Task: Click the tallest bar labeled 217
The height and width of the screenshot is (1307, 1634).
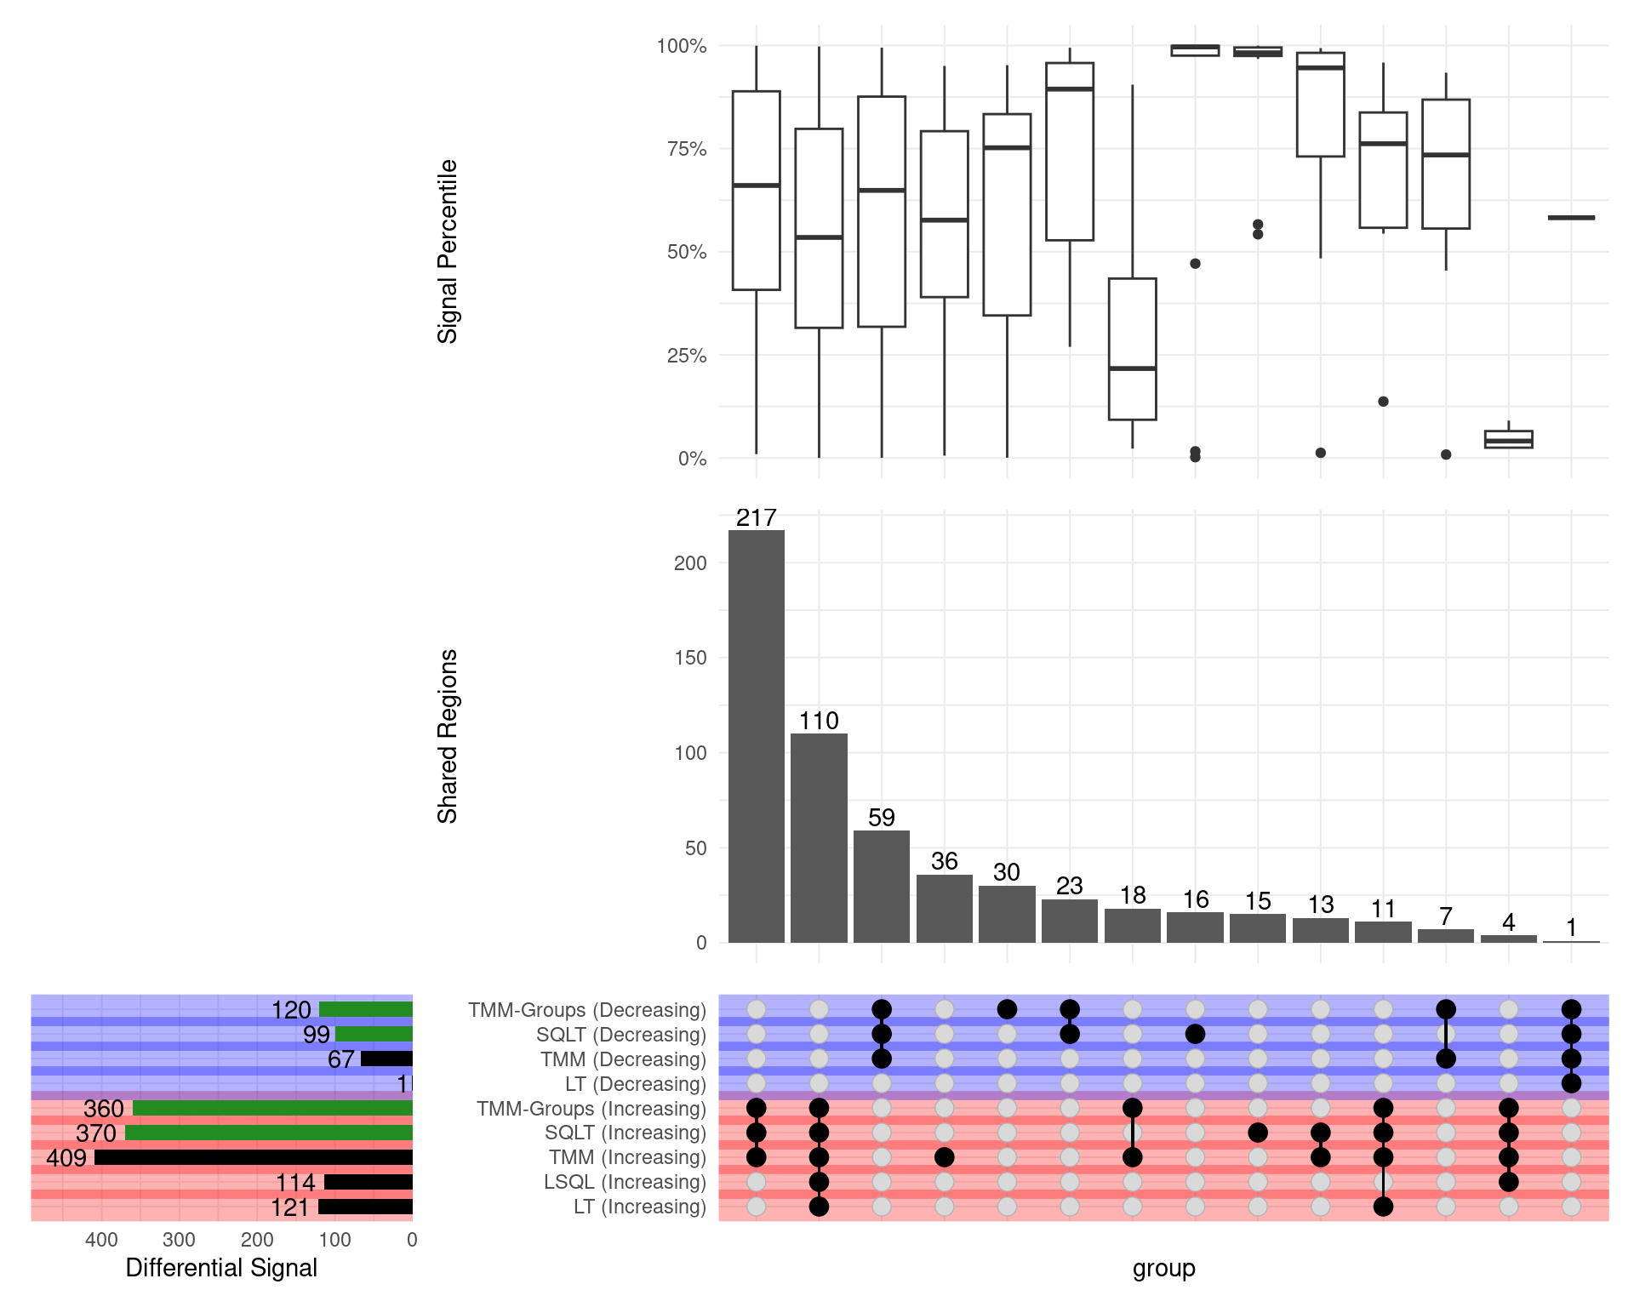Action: (756, 736)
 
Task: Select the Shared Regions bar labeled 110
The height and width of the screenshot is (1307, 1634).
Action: (819, 838)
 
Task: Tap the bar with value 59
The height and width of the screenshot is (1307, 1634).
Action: (882, 887)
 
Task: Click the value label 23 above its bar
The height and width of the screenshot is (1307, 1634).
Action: (1070, 886)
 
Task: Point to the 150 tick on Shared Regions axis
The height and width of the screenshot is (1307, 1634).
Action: (689, 658)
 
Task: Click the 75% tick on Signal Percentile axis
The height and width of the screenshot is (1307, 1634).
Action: (686, 149)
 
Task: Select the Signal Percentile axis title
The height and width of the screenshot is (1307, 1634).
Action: (448, 252)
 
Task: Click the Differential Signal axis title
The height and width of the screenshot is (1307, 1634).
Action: (221, 1268)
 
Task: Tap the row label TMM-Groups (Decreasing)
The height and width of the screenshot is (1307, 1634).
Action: (586, 1010)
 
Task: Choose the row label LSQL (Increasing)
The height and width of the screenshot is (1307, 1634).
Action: (625, 1182)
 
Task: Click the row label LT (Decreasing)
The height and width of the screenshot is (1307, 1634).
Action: (635, 1084)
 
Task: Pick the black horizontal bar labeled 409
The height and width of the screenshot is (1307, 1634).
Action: (253, 1158)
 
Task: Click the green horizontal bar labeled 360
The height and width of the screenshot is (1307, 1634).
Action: (272, 1109)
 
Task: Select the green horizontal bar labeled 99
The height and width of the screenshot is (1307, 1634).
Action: (374, 1035)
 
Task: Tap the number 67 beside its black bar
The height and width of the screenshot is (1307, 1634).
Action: (340, 1059)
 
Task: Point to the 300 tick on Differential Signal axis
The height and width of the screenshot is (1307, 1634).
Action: (179, 1240)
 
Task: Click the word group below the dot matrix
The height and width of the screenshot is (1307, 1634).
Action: (1163, 1268)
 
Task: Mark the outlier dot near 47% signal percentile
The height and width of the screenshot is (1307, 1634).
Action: (1195, 264)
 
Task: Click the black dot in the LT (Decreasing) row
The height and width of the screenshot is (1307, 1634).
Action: (1571, 1084)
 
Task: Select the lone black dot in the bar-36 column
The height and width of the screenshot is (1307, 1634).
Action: (944, 1157)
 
